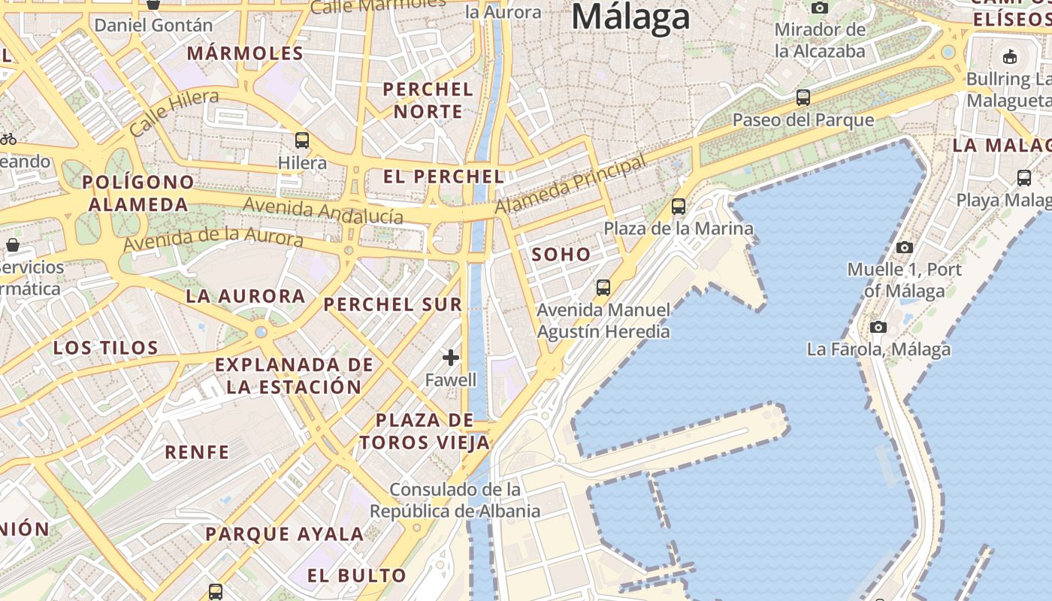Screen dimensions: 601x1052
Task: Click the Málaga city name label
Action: [630, 17]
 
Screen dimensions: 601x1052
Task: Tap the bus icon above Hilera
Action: [302, 140]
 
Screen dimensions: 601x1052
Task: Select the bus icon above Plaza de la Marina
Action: [679, 206]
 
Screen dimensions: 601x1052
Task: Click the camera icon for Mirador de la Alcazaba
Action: [820, 8]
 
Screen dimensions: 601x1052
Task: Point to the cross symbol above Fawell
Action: [451, 357]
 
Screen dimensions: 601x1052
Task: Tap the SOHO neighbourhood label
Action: [561, 255]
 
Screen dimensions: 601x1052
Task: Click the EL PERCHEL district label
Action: [443, 177]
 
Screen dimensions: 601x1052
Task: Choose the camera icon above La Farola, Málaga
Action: [878, 327]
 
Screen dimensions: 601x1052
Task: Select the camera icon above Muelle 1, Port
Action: [905, 247]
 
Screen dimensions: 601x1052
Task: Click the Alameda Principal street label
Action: [571, 184]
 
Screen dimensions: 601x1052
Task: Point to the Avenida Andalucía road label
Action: [322, 210]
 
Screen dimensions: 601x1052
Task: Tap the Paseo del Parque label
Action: [803, 120]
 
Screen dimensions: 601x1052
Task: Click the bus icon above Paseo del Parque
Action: [803, 97]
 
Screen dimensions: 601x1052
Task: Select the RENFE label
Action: [197, 452]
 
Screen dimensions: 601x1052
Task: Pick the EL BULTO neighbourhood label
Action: [357, 576]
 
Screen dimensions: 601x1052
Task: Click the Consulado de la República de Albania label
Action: [455, 500]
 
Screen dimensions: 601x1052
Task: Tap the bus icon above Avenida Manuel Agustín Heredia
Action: [603, 287]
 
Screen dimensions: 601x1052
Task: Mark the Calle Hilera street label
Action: [174, 112]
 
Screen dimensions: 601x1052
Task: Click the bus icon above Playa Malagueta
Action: [1023, 178]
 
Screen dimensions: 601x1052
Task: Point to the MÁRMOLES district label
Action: [245, 53]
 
